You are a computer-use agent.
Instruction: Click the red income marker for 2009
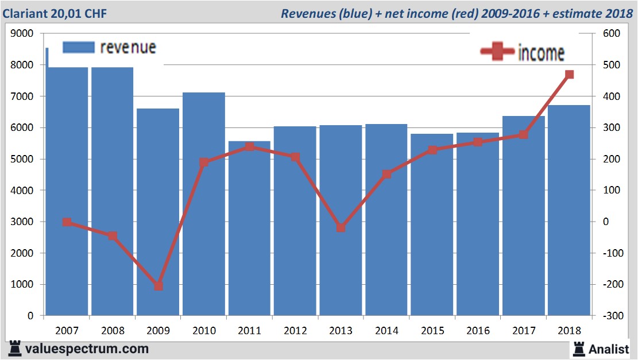point(158,285)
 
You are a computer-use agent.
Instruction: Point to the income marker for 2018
point(569,75)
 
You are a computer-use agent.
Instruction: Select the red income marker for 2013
point(341,228)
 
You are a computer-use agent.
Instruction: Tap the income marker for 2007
point(67,222)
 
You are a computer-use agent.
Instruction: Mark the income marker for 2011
point(250,147)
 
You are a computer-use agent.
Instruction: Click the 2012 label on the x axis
point(295,331)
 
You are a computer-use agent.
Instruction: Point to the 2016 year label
point(478,331)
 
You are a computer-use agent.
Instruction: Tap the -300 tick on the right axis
point(610,316)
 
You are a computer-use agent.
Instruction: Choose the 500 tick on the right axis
point(611,65)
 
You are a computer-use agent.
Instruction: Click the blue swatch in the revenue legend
point(78,48)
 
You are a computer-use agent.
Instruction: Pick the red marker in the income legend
point(497,52)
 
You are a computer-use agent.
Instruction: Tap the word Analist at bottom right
point(608,349)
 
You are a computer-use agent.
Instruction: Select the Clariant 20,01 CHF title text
point(54,13)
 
